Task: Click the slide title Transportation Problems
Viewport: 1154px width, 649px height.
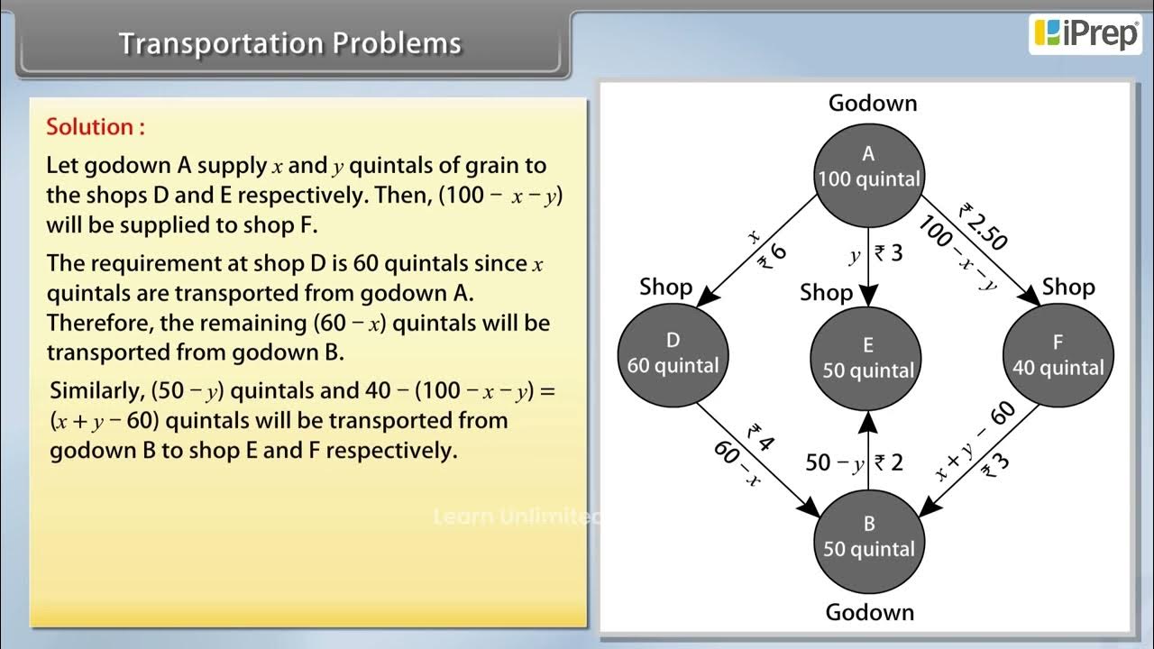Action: (x=290, y=43)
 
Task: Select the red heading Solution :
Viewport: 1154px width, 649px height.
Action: (x=96, y=127)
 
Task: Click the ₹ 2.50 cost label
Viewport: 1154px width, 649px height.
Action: (x=985, y=226)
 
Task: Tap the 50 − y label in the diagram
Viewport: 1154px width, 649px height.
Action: (x=834, y=462)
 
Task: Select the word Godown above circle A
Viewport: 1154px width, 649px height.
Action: (x=872, y=104)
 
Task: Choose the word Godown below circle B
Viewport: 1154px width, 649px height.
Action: (x=869, y=612)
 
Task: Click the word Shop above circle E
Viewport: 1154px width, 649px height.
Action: (x=826, y=293)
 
